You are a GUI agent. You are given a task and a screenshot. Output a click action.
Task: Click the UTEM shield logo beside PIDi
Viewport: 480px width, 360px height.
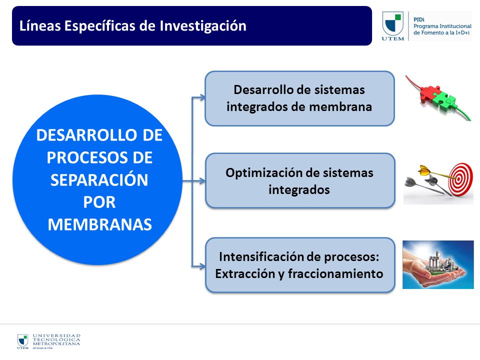[x=393, y=26]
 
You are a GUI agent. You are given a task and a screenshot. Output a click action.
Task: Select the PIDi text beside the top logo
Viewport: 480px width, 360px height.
[x=419, y=19]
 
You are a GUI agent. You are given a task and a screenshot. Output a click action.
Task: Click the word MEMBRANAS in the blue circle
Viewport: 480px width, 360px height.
[x=100, y=224]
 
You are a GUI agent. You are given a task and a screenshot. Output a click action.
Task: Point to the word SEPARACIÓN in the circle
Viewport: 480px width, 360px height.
[x=99, y=179]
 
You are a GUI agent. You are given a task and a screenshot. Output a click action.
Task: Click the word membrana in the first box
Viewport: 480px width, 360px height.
[x=340, y=107]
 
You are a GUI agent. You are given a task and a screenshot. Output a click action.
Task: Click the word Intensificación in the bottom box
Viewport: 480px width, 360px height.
[x=262, y=256]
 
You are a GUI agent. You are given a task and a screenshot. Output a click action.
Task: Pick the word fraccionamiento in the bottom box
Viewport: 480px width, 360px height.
[x=335, y=273]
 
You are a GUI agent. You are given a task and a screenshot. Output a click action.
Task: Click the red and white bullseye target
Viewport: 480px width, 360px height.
[x=460, y=179]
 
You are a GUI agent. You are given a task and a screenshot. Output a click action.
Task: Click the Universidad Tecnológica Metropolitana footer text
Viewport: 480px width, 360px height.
[x=56, y=340]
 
